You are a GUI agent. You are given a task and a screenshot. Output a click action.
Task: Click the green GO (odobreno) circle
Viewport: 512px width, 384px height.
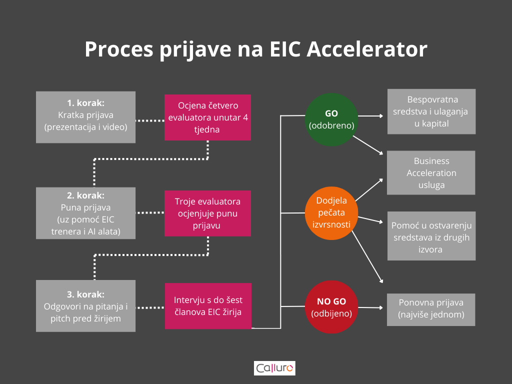[x=331, y=119]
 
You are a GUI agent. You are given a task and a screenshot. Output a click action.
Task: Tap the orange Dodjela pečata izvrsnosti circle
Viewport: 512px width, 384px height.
[x=331, y=213]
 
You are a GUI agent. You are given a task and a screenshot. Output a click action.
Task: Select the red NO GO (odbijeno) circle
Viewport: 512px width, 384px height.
[x=331, y=307]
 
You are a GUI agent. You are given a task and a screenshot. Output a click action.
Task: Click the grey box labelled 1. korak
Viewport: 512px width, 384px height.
[x=85, y=117]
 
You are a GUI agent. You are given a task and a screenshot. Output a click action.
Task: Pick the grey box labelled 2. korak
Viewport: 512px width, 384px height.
[x=85, y=213]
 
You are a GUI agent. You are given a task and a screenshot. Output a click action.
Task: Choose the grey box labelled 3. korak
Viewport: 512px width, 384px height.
[x=85, y=306]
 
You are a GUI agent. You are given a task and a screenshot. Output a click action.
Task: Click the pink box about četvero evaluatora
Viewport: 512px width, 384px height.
[x=207, y=117]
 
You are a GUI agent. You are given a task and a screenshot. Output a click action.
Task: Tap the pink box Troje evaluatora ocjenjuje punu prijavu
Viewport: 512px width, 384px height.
[x=207, y=213]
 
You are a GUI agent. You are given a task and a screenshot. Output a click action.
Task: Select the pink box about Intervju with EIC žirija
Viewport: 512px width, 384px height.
[x=208, y=306]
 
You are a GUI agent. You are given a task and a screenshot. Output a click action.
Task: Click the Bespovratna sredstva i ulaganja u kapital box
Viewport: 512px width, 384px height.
[x=431, y=111]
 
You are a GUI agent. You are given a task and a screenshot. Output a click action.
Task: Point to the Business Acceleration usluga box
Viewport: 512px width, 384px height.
[x=431, y=172]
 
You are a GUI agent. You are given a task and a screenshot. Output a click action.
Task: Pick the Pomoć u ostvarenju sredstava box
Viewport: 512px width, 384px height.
[x=431, y=236]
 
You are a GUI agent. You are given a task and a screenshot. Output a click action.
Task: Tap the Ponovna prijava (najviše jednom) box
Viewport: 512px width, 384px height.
[x=431, y=309]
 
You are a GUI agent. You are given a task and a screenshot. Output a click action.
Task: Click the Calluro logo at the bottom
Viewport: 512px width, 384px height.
[x=274, y=368]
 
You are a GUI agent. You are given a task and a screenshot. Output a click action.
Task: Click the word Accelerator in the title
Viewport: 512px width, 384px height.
[x=367, y=49]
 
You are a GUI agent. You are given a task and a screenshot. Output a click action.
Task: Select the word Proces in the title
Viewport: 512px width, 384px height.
[x=119, y=49]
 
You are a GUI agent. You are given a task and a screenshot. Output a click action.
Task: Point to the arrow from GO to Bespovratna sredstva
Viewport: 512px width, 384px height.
[x=370, y=116]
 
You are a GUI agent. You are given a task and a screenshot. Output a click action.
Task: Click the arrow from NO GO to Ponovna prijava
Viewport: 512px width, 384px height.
[x=370, y=307]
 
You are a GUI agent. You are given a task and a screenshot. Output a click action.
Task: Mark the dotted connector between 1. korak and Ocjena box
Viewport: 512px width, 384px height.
[x=150, y=121]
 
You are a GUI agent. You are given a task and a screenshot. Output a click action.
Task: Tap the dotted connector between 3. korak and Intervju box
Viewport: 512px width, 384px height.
[x=150, y=307]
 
